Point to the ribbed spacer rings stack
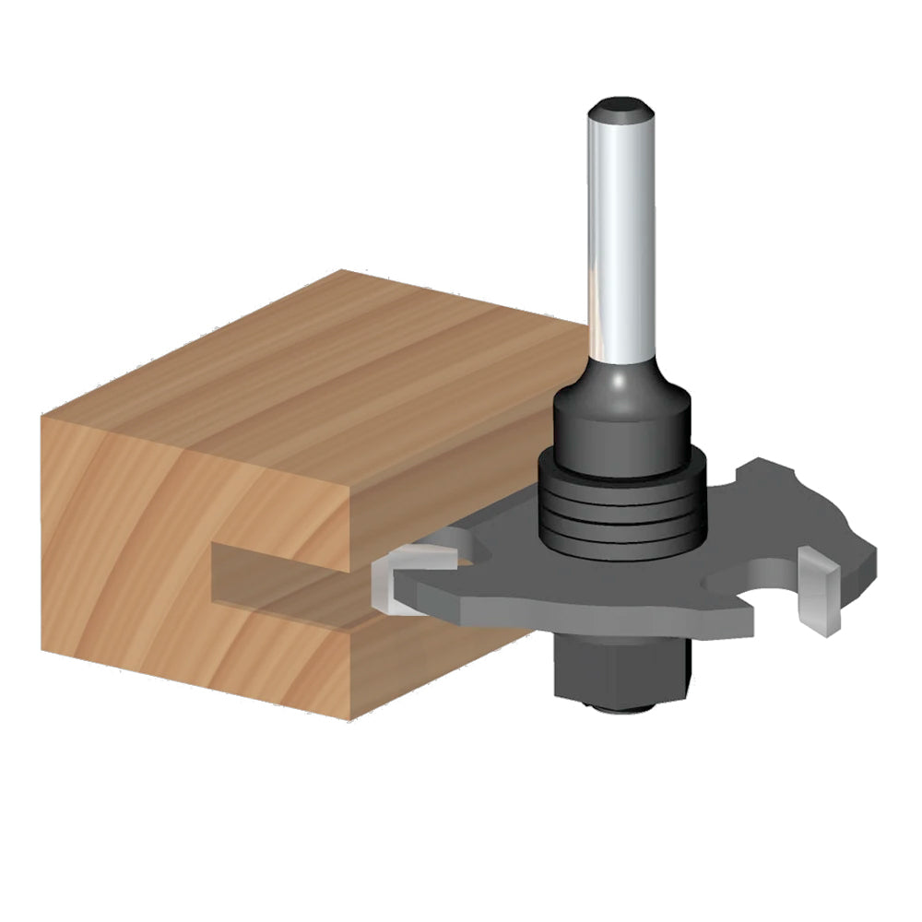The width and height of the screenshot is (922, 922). [x=622, y=516]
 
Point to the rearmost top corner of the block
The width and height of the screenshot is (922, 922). [x=343, y=271]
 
